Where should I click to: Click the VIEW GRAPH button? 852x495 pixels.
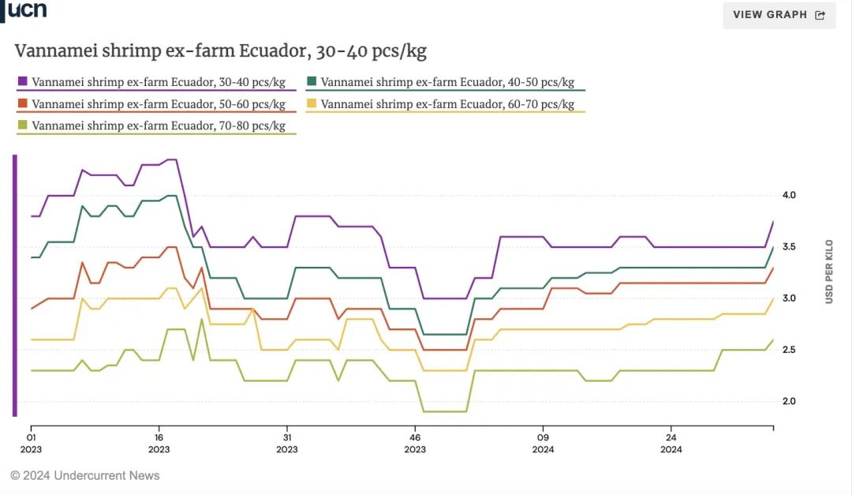[779, 15]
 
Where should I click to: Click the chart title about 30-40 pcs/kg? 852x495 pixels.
[221, 52]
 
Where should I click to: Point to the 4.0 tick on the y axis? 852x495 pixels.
[789, 195]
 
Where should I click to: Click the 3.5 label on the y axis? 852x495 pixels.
[789, 247]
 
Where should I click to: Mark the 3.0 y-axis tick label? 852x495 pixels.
[789, 298]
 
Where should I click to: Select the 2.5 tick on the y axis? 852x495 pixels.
[789, 350]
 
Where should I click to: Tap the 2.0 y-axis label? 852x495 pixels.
[789, 402]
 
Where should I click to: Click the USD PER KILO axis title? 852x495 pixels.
[829, 272]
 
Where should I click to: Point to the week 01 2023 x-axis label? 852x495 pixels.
[32, 443]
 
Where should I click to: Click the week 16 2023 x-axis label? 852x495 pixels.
[159, 443]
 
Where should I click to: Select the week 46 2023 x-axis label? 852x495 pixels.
[415, 443]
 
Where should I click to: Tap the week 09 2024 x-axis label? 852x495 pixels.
[543, 443]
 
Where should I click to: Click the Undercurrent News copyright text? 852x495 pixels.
[85, 475]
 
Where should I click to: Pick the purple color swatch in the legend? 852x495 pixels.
[23, 81]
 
